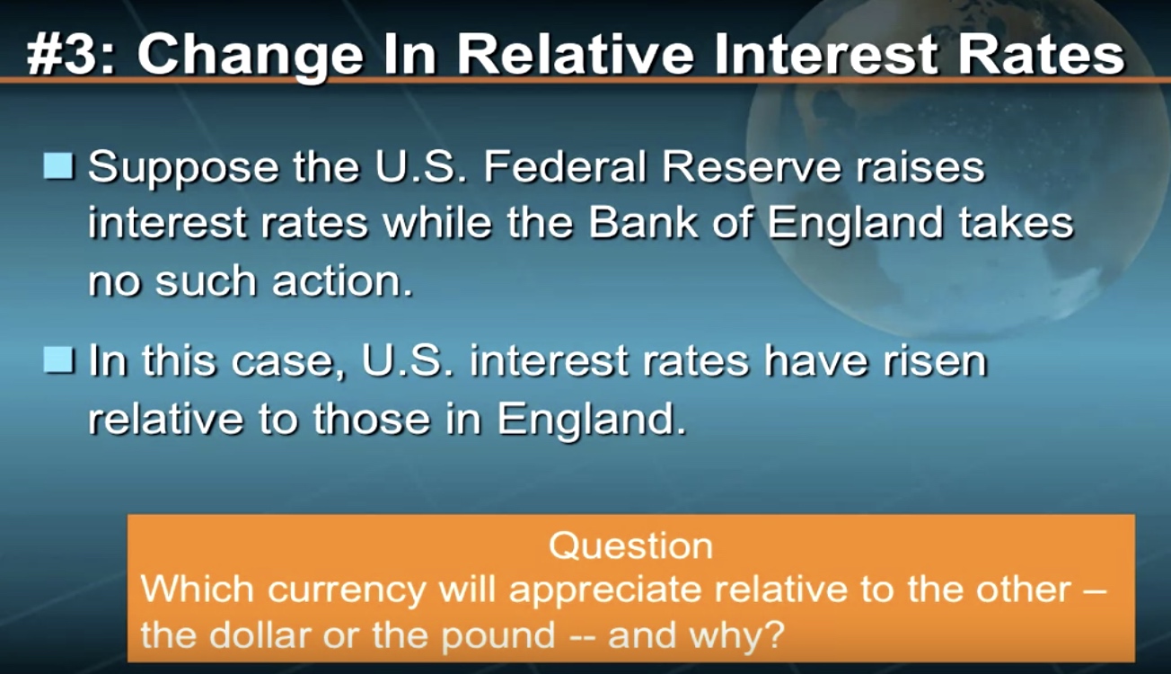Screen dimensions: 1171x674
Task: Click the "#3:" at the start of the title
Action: pyautogui.click(x=72, y=55)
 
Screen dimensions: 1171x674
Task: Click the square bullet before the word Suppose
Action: pyautogui.click(x=58, y=166)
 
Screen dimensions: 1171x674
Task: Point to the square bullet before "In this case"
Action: pyautogui.click(x=58, y=360)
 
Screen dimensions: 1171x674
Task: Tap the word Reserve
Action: pyautogui.click(x=752, y=166)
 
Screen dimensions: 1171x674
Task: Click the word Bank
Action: pyautogui.click(x=644, y=222)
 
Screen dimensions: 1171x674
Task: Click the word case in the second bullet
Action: pyautogui.click(x=283, y=362)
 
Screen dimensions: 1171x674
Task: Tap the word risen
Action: pyautogui.click(x=935, y=360)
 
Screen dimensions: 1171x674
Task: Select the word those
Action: pyautogui.click(x=371, y=418)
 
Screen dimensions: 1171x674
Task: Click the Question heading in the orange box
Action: pyautogui.click(x=631, y=546)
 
